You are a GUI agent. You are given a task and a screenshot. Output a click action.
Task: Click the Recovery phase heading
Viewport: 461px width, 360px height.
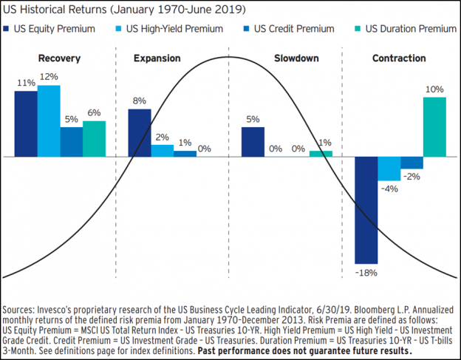pos(61,58)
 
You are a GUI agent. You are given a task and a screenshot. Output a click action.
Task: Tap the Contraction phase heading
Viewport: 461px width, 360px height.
pos(398,58)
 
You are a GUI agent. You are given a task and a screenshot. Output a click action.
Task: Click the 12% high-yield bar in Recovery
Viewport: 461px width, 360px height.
pos(49,120)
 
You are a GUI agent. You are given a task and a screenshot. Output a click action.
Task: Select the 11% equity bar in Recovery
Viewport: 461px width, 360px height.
pos(26,123)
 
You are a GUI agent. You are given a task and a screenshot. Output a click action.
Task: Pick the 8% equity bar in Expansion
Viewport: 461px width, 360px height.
pos(140,132)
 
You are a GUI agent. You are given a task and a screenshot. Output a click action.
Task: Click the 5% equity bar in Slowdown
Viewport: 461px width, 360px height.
pos(253,141)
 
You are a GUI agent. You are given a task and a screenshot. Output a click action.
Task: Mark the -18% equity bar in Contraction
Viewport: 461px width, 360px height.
pos(366,210)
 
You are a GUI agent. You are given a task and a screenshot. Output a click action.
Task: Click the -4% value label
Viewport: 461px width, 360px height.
pos(390,189)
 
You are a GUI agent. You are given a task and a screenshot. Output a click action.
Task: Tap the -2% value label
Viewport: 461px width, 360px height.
pos(412,176)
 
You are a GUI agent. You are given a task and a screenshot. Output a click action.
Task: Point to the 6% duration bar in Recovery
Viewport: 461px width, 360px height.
pos(94,138)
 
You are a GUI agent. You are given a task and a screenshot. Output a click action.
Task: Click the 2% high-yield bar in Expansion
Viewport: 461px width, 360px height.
pos(163,150)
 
